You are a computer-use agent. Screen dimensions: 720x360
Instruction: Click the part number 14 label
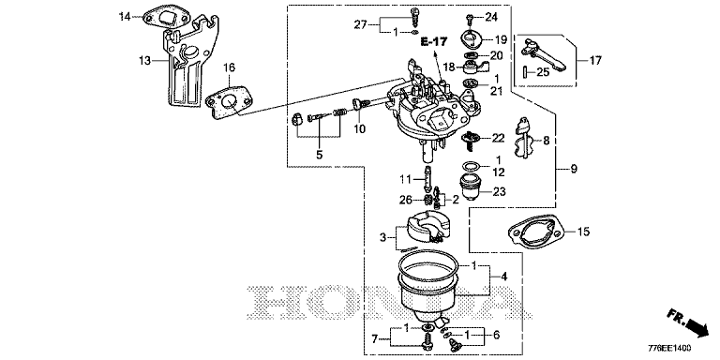[x=125, y=17]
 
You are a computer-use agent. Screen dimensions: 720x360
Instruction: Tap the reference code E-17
[x=434, y=42]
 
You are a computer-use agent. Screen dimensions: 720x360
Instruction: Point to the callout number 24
[x=491, y=18]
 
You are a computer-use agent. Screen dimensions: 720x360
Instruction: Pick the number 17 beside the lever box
[x=595, y=60]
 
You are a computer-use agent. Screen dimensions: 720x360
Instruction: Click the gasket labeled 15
[x=534, y=233]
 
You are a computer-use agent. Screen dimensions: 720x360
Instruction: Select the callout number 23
[x=500, y=191]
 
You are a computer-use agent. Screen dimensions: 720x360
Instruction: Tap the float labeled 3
[x=422, y=228]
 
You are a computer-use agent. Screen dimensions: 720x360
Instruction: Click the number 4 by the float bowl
[x=504, y=277]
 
